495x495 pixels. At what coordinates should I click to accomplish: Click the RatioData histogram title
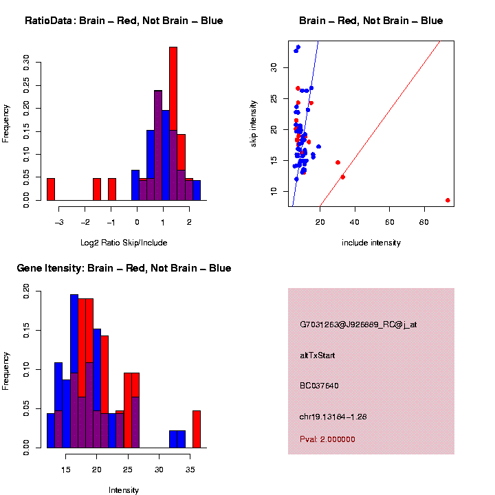(x=124, y=21)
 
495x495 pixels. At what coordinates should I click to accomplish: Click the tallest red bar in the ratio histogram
(x=173, y=124)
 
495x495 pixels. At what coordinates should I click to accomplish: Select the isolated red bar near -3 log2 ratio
(x=51, y=188)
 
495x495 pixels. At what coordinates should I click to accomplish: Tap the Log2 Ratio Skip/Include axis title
(x=123, y=242)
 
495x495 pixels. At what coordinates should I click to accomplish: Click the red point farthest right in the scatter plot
(x=448, y=200)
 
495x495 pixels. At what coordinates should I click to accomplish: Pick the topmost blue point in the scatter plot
(x=298, y=47)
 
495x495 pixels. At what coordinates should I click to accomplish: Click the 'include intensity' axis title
(x=371, y=243)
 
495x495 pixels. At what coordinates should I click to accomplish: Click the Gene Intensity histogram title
(x=124, y=268)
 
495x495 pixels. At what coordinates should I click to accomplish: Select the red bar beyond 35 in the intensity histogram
(x=197, y=429)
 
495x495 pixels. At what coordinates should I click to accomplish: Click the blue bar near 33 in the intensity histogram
(x=177, y=439)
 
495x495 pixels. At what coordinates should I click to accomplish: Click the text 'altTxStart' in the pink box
(x=318, y=355)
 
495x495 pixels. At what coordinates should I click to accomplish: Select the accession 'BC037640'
(x=319, y=386)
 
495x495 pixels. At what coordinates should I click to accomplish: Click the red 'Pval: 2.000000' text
(x=327, y=439)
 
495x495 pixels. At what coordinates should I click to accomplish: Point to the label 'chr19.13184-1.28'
(x=334, y=417)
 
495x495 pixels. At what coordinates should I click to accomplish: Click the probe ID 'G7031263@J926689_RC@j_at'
(x=358, y=324)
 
